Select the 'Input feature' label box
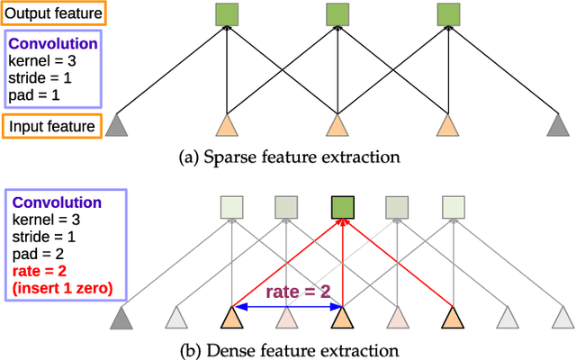51,126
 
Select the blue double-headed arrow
286,308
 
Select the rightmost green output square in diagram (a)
448,13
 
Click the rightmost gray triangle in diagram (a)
558,128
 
